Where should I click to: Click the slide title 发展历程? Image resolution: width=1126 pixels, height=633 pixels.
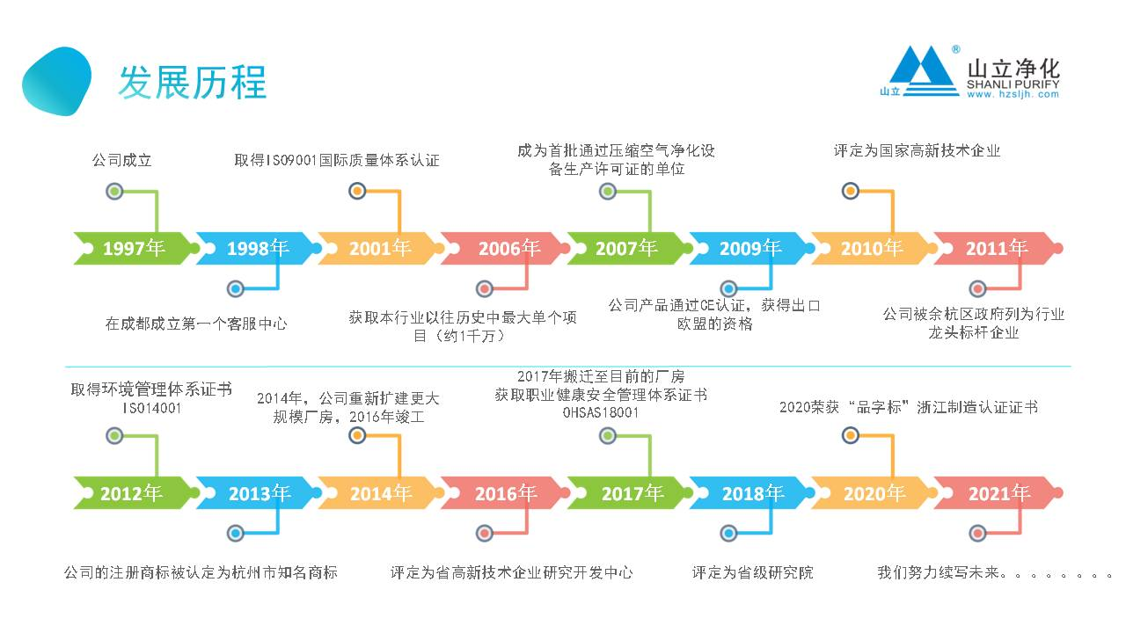coord(193,83)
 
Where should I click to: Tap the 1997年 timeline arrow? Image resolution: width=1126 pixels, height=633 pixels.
coord(133,249)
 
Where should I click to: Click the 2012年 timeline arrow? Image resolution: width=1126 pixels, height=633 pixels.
coord(131,493)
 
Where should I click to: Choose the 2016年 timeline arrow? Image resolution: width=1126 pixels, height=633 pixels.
coord(505,493)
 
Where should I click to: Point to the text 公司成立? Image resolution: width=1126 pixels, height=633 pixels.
coord(122,160)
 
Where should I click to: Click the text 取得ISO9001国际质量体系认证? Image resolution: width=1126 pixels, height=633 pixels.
coord(337,160)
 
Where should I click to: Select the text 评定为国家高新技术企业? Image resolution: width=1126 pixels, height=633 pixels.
coord(917,150)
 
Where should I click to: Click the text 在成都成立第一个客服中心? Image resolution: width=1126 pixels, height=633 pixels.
coord(196,324)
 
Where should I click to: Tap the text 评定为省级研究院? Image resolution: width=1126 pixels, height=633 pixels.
coord(752,572)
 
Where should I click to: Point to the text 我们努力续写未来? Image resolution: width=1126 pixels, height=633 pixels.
coord(941,572)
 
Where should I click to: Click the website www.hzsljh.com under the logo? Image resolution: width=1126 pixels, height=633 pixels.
coord(1013,94)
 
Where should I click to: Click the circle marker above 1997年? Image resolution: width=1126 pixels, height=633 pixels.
coord(113,191)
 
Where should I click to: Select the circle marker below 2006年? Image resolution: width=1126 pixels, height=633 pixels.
coord(485,288)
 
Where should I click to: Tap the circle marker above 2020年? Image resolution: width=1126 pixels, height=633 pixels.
coord(851,434)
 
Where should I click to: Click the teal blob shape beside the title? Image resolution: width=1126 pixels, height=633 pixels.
coord(56,81)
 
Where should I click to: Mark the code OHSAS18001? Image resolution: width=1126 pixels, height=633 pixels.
coord(601,411)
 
